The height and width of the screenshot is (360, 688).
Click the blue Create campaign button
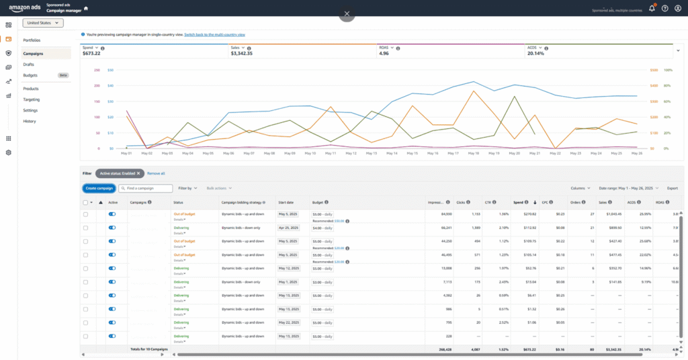[x=99, y=188]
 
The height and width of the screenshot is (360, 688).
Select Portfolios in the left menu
[x=32, y=40]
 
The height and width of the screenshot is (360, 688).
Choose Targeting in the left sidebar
[x=31, y=99]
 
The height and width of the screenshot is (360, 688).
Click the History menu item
[x=30, y=121]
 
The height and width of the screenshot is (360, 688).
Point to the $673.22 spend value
[x=91, y=53]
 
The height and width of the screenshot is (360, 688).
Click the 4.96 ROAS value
[x=384, y=53]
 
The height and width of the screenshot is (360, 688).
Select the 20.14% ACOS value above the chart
[x=535, y=53]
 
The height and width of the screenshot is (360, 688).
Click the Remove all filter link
[x=156, y=173]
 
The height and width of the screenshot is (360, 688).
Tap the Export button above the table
[x=672, y=189]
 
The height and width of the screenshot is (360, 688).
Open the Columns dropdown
[x=580, y=189]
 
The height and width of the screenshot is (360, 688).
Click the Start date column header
[x=286, y=202]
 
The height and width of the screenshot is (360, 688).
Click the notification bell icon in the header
[x=651, y=9]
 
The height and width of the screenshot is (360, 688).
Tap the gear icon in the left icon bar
[x=8, y=152]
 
